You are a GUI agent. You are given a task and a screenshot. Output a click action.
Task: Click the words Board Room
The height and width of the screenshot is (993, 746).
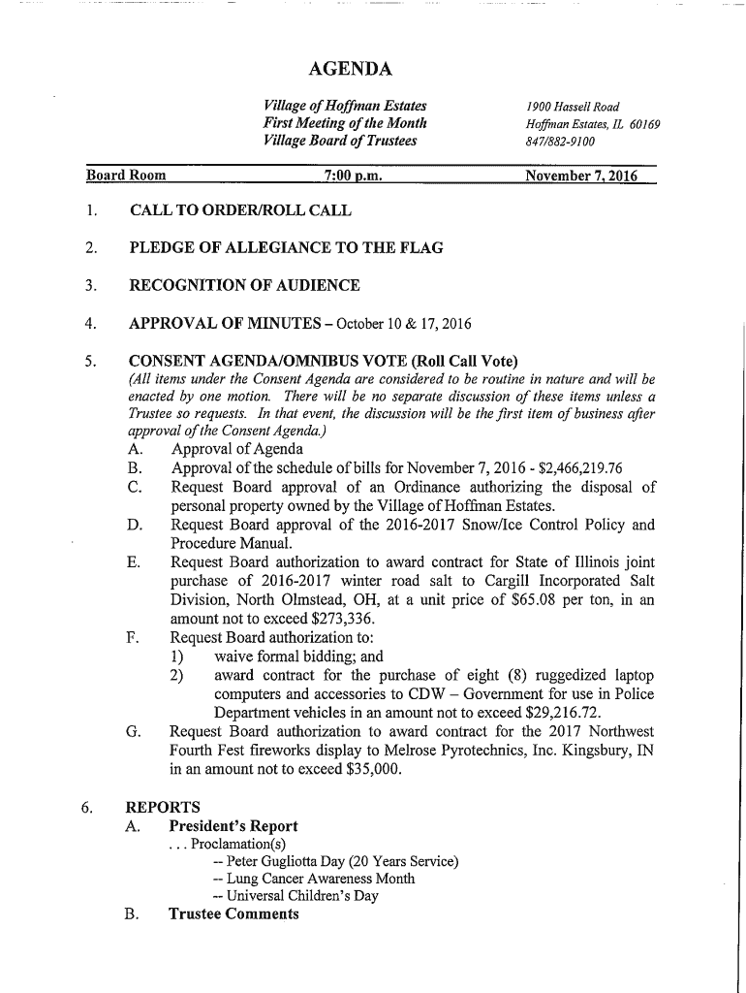[126, 176]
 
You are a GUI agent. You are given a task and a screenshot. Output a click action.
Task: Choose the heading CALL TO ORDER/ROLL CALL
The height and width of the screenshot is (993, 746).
[240, 210]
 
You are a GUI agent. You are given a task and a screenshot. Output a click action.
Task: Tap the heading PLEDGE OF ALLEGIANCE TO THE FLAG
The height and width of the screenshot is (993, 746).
[286, 247]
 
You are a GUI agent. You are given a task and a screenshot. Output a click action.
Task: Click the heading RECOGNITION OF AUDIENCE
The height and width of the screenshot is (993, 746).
[244, 285]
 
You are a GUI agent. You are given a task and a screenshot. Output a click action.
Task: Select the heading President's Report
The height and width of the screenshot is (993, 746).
[233, 826]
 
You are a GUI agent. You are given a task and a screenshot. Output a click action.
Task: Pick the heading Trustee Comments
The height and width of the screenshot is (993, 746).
[233, 913]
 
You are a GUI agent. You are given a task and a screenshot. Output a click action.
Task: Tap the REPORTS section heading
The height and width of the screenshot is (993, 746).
[163, 807]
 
